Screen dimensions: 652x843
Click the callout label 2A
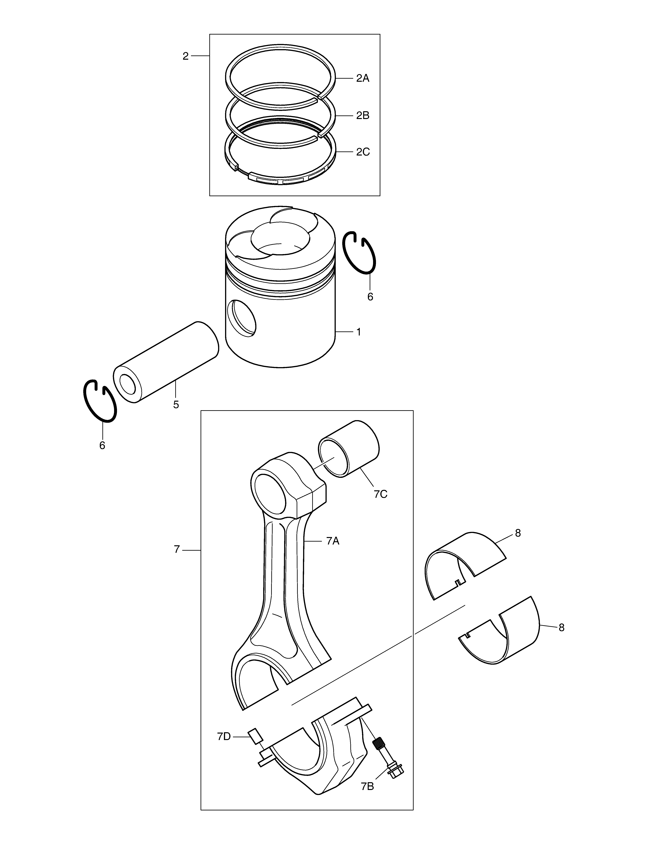(x=363, y=78)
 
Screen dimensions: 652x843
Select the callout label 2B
(x=363, y=115)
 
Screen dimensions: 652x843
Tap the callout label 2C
(x=363, y=152)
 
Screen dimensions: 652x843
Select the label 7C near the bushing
(x=381, y=494)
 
